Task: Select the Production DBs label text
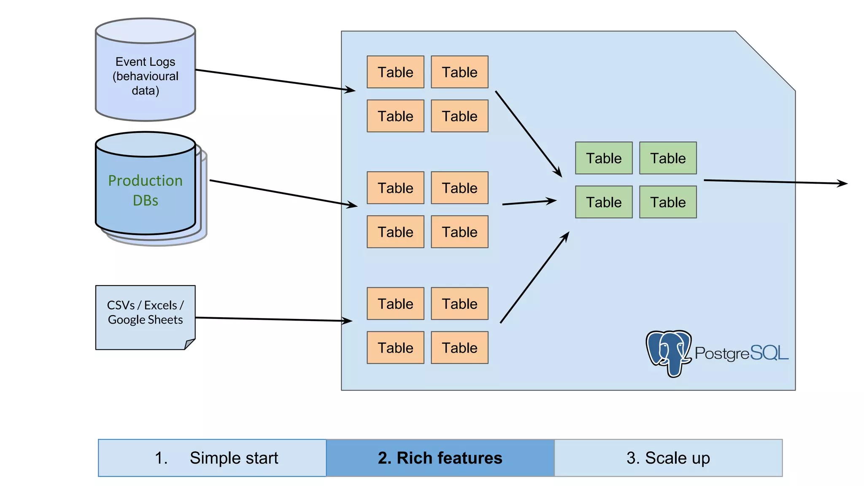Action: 145,190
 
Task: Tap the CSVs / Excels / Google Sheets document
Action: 145,317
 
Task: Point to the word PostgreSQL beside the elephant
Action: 741,353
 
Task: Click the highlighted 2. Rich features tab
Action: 440,458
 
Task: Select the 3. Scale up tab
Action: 668,458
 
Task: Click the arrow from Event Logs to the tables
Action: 274,80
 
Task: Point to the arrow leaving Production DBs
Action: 283,193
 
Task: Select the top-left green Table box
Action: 604,158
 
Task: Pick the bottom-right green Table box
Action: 668,202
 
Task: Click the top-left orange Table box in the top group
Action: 395,72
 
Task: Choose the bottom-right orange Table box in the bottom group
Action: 459,348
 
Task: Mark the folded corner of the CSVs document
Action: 189,343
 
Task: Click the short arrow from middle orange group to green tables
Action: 529,202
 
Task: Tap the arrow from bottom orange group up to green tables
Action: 534,278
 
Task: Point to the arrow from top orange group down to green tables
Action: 528,133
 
